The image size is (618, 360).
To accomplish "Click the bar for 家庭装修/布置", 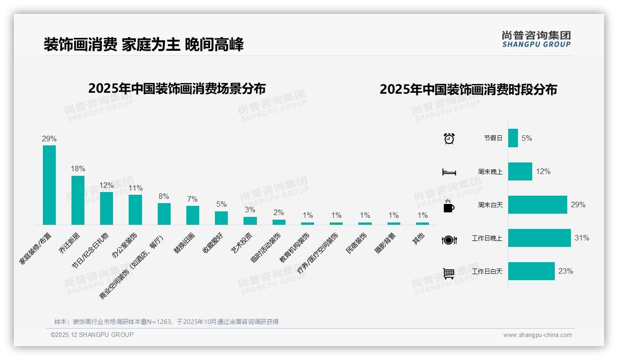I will coord(49,185).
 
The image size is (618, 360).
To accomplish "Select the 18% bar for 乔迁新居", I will coord(78,200).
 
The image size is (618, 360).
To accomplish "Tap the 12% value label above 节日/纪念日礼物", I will coord(107,185).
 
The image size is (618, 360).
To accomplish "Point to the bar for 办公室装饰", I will coord(135,210).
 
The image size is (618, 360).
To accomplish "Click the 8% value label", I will coord(164,196).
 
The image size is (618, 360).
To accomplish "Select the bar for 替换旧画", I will coord(193,215).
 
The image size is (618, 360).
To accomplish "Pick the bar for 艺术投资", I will coord(250,221).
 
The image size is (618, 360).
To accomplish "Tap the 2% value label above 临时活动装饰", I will coord(279,213).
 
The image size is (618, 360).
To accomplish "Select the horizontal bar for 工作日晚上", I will coord(539,238).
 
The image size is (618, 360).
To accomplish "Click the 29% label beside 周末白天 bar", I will coord(578,204).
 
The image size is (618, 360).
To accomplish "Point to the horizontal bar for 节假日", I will coord(513,138).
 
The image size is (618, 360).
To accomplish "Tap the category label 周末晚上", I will coord(490,172).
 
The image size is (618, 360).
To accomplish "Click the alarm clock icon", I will coord(449,138).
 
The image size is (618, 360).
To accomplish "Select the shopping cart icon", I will coord(449,273).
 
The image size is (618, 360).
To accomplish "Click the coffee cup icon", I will coord(449,206).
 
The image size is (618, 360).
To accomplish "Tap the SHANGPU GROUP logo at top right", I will coord(536,39).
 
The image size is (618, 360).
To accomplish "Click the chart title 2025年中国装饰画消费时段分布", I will coord(468,89).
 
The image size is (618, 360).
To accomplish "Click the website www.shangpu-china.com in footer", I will coord(537,335).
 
